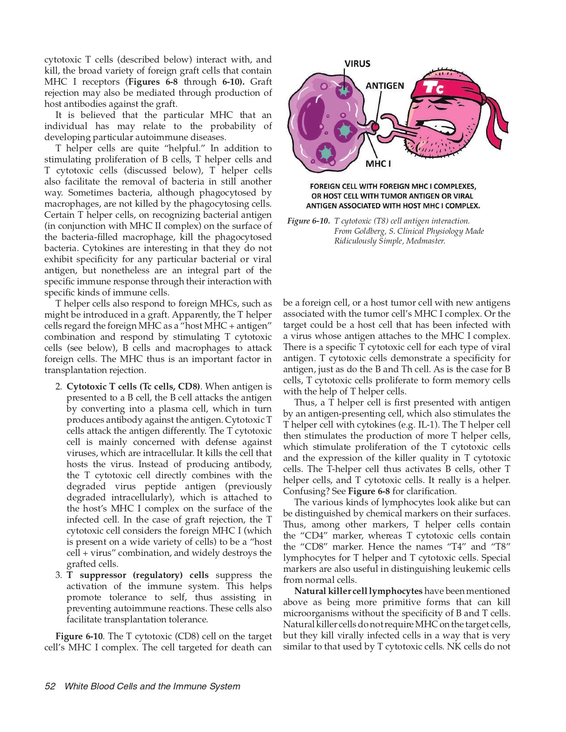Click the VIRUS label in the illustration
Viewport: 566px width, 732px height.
tap(357, 63)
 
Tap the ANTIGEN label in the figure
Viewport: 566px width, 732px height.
tap(384, 86)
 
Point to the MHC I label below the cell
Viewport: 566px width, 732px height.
tap(378, 164)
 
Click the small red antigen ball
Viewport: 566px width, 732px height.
tap(376, 127)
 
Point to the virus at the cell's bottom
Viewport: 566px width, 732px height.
tap(326, 153)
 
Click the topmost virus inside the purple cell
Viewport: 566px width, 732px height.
tap(343, 91)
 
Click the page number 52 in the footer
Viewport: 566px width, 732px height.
tap(50, 686)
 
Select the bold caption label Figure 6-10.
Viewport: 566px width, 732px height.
tap(308, 221)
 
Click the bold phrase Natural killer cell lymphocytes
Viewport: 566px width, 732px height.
tap(358, 591)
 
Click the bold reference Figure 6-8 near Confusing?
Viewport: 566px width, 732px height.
tap(368, 491)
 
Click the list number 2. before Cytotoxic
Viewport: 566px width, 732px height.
tap(59, 386)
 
